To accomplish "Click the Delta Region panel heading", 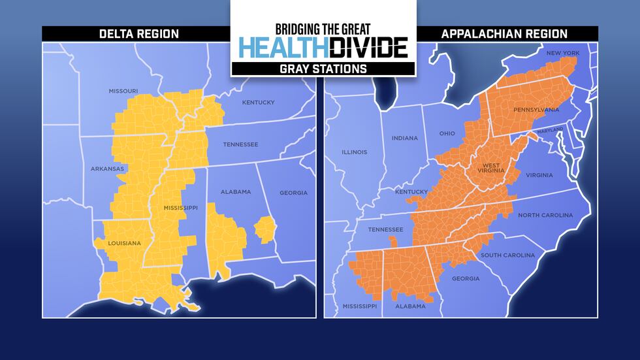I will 138,34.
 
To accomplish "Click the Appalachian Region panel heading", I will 504,34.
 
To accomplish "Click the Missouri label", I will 123,91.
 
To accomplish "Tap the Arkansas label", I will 107,169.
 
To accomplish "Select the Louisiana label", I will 124,243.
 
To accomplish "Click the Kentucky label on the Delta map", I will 258,102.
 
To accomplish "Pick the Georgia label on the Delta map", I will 293,193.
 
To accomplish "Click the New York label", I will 562,53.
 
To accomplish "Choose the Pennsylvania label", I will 536,110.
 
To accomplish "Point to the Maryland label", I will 549,131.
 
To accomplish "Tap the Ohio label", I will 447,133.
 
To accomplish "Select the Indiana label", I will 404,138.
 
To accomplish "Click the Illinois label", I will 355,152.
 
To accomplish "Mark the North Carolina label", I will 545,215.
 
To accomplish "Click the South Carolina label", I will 507,255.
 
